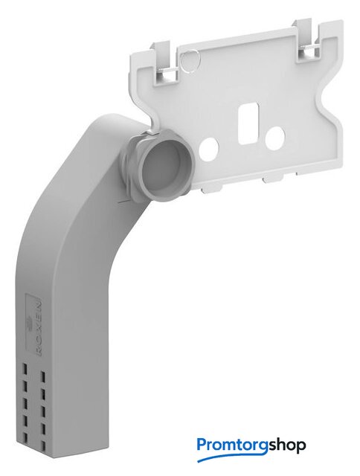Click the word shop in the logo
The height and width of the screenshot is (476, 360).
click(x=287, y=446)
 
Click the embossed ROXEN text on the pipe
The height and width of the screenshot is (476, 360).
click(x=39, y=329)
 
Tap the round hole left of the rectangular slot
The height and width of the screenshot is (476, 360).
click(x=208, y=149)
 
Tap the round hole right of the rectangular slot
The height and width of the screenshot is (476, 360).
click(x=274, y=138)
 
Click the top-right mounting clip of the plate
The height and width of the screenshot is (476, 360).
click(x=307, y=39)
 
